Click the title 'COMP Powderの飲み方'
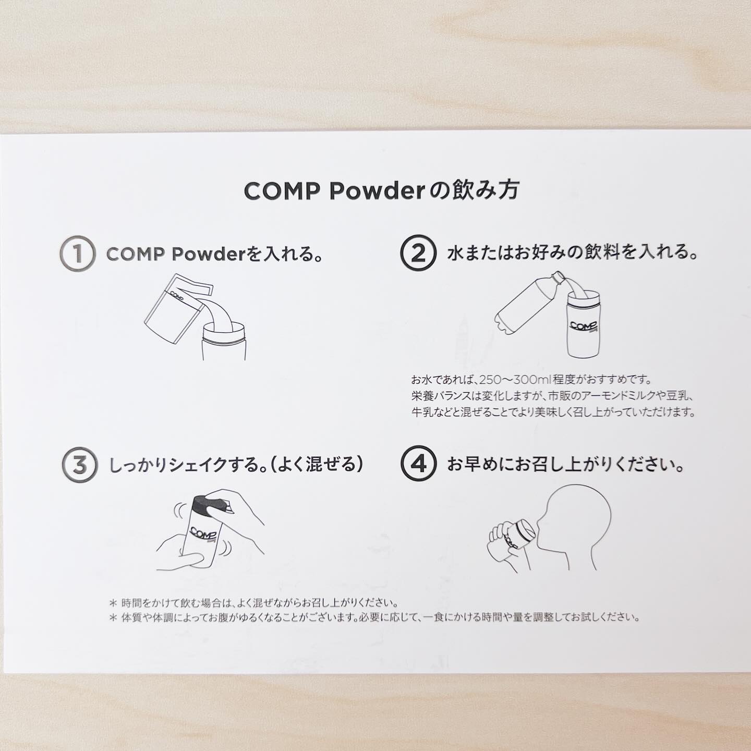[x=381, y=191]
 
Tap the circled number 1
[x=78, y=254]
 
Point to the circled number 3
[x=79, y=464]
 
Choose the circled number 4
[x=419, y=464]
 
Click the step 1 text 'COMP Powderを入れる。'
[x=213, y=255]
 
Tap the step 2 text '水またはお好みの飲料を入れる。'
[x=572, y=253]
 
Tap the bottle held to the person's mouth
[x=516, y=537]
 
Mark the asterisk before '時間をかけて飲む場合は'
[x=113, y=603]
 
